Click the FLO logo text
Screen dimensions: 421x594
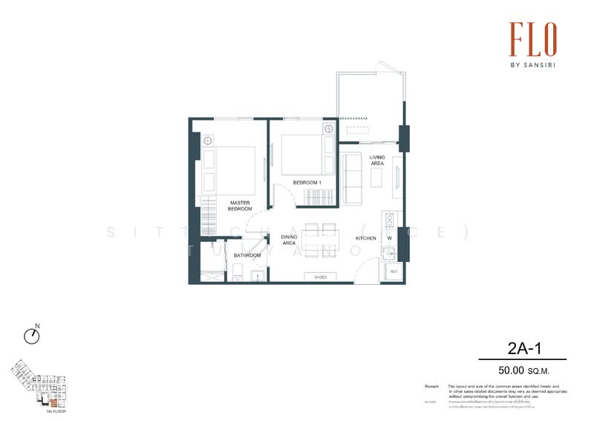coord(532,39)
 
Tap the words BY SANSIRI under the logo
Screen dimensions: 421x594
coord(532,65)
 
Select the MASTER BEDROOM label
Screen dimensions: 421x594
coord(239,205)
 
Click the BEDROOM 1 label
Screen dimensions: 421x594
coord(307,182)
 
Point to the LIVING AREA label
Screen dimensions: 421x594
coord(378,160)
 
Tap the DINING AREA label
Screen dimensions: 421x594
coord(289,240)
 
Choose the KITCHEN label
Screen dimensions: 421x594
coord(366,238)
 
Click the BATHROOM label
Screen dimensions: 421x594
coord(247,255)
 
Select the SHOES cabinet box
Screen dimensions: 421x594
coord(320,277)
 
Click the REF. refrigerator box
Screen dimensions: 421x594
coord(394,272)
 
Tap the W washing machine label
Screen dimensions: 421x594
coord(389,238)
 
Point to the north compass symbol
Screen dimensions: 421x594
coord(32,336)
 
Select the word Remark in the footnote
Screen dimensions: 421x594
coord(431,387)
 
